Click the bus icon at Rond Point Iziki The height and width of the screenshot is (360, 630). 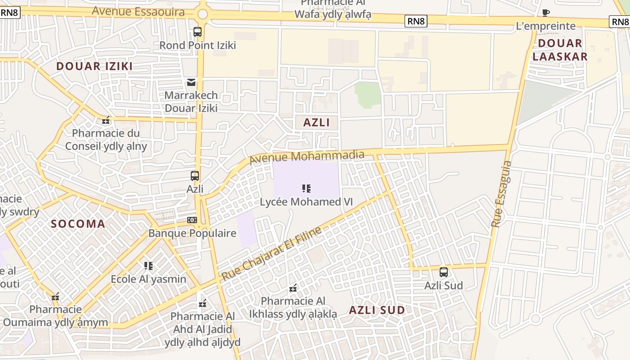pos(198,32)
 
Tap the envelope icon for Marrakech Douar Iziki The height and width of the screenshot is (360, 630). pos(191,82)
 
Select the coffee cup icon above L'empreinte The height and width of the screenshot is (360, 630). pos(546,13)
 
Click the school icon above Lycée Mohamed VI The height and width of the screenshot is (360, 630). pos(306,189)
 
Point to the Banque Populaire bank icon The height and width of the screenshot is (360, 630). pos(192,220)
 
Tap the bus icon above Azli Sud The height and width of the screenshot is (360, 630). pos(444,272)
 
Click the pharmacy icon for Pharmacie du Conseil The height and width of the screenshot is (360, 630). pos(106,120)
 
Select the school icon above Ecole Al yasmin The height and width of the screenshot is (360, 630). pos(148,266)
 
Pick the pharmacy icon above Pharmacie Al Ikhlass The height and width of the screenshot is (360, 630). pos(293,288)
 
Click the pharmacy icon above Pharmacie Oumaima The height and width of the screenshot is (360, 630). pos(55,297)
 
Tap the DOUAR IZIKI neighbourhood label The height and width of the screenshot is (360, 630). pos(94,66)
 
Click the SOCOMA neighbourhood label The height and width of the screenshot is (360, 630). pos(78,224)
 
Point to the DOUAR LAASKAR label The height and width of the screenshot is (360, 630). pos(560,50)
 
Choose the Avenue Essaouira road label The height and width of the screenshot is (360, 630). pos(138,11)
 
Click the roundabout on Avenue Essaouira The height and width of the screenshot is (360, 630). pos(202,14)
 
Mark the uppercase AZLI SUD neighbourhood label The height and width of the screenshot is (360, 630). pos(377,310)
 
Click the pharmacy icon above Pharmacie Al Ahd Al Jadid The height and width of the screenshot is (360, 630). pos(203,304)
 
